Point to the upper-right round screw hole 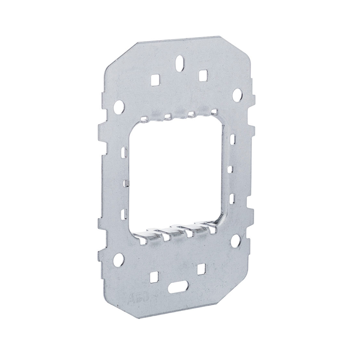click(x=237, y=95)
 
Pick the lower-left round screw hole click(x=118, y=260)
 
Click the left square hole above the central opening click(x=155, y=80)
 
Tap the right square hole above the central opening click(x=203, y=75)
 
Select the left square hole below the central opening click(x=154, y=276)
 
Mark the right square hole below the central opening click(x=201, y=268)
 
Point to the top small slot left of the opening click(x=124, y=152)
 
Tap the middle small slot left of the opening click(x=126, y=184)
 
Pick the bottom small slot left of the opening click(x=123, y=214)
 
